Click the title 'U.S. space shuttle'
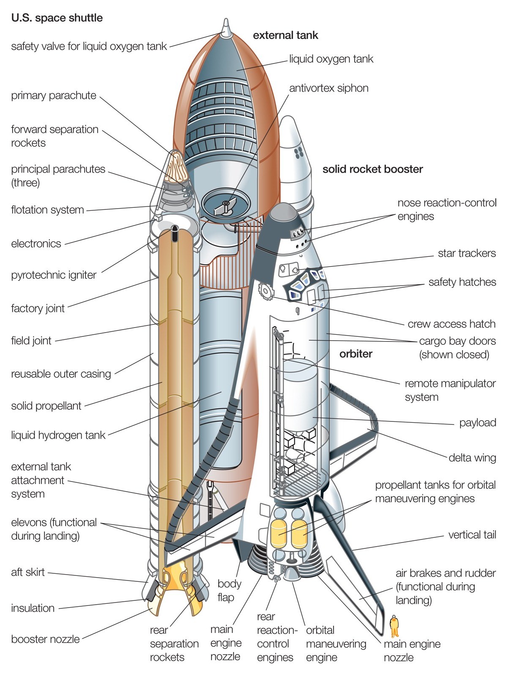57,18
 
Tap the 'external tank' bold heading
285,35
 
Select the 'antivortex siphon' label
328,88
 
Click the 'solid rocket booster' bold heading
372,169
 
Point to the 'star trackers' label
466,253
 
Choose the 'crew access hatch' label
451,324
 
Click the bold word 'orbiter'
355,354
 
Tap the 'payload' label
477,422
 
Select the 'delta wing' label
472,457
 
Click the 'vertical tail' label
472,535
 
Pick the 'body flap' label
229,590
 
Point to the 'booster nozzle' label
45,639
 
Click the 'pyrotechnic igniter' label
54,275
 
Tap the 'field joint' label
31,341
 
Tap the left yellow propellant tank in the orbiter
278,534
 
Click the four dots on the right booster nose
299,152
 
